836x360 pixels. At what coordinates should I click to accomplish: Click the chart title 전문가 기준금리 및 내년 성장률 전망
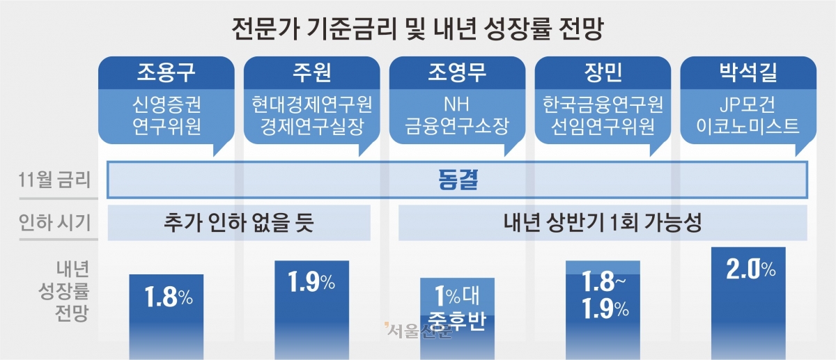pyautogui.click(x=417, y=29)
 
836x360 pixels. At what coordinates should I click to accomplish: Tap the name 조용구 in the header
pyautogui.click(x=166, y=72)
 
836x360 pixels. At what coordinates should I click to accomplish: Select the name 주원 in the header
pyautogui.click(x=311, y=72)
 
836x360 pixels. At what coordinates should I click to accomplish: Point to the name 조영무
pyautogui.click(x=457, y=72)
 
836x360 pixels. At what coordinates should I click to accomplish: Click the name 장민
pyautogui.click(x=603, y=72)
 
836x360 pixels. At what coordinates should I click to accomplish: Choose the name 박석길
pyautogui.click(x=748, y=72)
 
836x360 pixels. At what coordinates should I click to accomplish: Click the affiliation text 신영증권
pyautogui.click(x=167, y=104)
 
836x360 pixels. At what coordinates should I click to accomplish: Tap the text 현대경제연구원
pyautogui.click(x=311, y=104)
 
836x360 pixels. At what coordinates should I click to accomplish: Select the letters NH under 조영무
pyautogui.click(x=456, y=104)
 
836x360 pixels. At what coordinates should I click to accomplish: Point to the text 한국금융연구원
pyautogui.click(x=603, y=104)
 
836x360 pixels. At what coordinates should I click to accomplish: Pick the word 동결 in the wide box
pyautogui.click(x=458, y=180)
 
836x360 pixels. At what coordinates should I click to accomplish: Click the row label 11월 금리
pyautogui.click(x=54, y=180)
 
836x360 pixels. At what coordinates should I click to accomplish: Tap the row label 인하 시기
pyautogui.click(x=54, y=223)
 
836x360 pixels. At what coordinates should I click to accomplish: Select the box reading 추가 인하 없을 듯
pyautogui.click(x=239, y=223)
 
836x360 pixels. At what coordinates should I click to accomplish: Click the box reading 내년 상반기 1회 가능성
pyautogui.click(x=603, y=223)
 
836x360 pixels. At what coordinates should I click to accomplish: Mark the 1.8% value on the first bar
pyautogui.click(x=169, y=297)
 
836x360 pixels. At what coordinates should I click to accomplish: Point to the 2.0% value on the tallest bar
pyautogui.click(x=750, y=269)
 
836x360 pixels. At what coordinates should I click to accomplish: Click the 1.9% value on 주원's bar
pyautogui.click(x=311, y=282)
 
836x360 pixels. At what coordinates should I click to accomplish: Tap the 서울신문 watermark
pyautogui.click(x=418, y=331)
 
